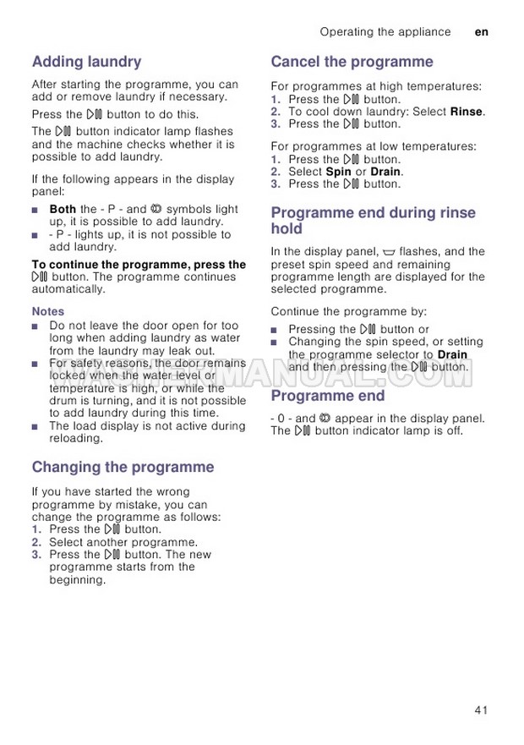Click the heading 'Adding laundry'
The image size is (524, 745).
coord(86,62)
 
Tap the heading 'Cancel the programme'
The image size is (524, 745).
coord(352,62)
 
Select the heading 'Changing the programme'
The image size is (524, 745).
coord(123,467)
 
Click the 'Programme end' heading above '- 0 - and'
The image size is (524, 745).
coord(327,396)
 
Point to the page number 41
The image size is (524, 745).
coord(481,710)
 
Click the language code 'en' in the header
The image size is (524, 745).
coord(482,32)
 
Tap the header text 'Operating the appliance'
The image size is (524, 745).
coord(385,32)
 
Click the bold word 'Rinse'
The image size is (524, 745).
coord(467,112)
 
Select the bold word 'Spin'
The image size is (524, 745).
coord(338,172)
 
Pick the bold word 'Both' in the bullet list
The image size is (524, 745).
coord(63,209)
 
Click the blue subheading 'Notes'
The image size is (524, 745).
coord(48,312)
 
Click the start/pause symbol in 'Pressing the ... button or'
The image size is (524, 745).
coord(368,330)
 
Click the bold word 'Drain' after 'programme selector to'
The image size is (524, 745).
coord(452,355)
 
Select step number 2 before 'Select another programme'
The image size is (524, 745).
coord(36,542)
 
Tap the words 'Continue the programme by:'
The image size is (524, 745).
coord(348,311)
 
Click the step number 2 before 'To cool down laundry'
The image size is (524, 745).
coord(276,112)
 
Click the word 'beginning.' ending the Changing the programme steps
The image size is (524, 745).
coord(78,580)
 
